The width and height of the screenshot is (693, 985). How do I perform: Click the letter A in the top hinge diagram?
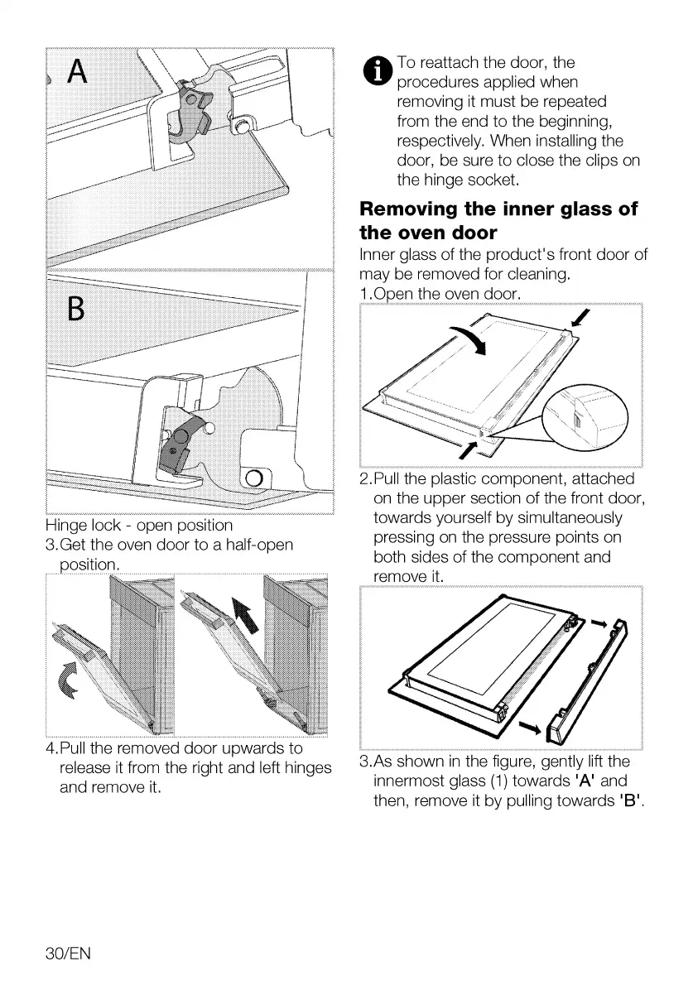[77, 73]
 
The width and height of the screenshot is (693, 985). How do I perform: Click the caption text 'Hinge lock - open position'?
[139, 526]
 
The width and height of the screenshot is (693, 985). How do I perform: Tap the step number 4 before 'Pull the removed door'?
[51, 750]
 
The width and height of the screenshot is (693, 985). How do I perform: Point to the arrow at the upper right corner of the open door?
[583, 319]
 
